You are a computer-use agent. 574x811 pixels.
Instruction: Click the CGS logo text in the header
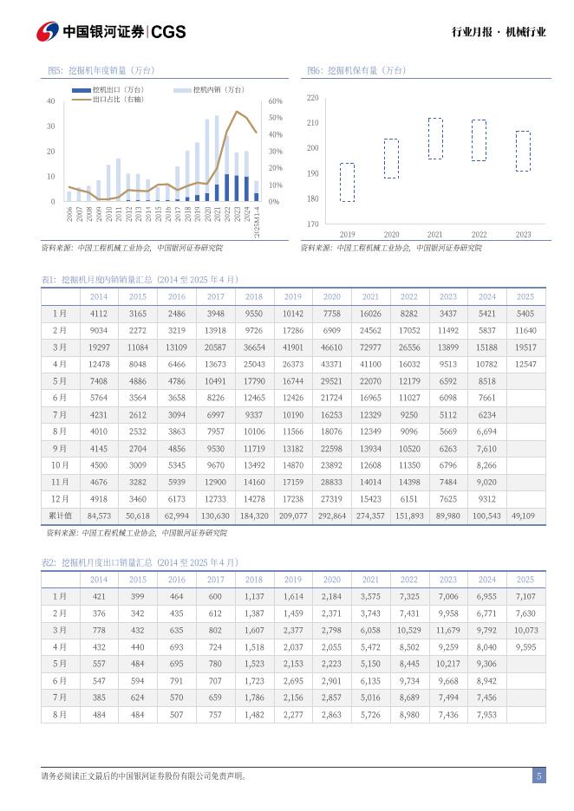168,32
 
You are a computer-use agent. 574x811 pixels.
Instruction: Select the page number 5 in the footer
538,776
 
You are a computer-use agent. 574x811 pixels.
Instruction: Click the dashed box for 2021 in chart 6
435,139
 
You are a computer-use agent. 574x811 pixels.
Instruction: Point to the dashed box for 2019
347,182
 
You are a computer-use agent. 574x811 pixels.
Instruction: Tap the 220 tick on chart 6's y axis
313,98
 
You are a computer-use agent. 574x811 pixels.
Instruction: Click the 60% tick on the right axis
276,101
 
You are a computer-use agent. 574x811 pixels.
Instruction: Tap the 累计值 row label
60,515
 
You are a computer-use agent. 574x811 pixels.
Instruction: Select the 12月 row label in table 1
60,498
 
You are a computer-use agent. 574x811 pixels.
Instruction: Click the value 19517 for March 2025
525,347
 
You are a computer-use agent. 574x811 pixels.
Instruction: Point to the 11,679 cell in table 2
448,630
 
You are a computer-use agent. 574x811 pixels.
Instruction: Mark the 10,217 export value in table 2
448,664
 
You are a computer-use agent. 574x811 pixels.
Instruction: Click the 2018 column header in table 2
254,580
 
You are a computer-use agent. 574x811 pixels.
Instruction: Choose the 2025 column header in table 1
525,296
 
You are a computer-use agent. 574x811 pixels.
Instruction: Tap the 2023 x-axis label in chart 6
523,235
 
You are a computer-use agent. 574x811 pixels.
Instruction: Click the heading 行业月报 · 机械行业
499,32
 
